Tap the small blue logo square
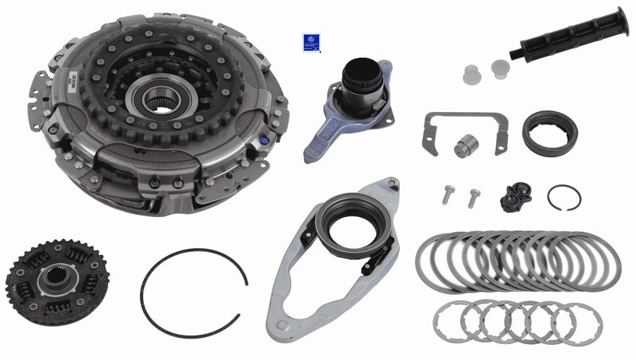coord(310,43)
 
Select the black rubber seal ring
coord(549,134)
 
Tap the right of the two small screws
coord(475,195)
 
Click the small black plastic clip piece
coord(516,196)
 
